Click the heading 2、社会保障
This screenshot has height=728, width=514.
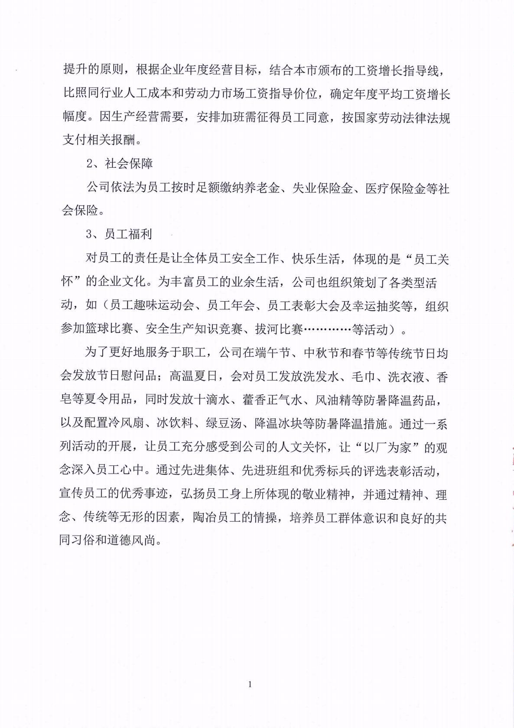(x=120, y=164)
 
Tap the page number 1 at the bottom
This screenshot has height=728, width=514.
(x=250, y=684)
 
